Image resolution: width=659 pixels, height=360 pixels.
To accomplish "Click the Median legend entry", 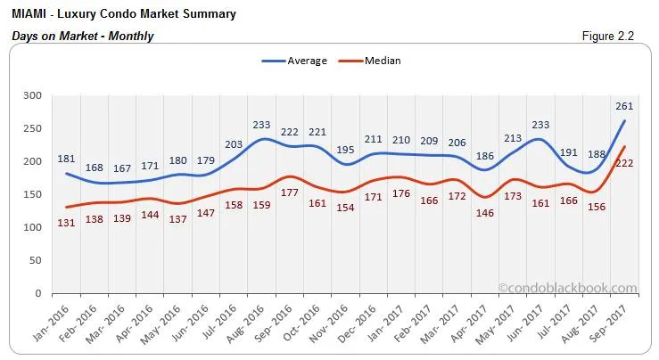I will click(382, 61).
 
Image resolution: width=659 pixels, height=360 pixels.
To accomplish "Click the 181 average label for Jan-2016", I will click(66, 160).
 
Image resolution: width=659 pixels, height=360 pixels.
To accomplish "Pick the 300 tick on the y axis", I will click(32, 95).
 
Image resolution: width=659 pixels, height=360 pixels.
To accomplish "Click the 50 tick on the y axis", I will click(35, 260).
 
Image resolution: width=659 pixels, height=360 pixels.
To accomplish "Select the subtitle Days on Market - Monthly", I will click(83, 36).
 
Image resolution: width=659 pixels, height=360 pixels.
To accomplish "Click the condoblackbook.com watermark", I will click(568, 288).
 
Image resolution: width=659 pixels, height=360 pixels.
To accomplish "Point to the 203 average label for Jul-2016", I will click(235, 144).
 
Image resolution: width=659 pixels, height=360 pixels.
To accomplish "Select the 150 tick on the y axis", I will click(32, 194).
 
